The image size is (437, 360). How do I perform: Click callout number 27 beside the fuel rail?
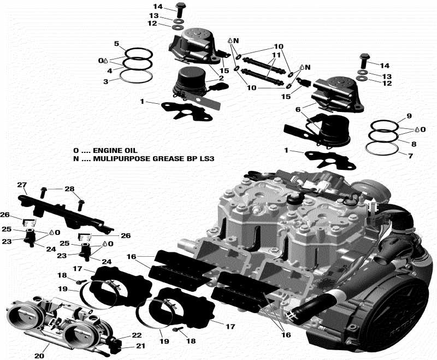coord(22,184)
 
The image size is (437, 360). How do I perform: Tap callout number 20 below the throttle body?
coord(39,356)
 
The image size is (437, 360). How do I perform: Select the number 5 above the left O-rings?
coord(116,43)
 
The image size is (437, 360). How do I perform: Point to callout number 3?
coord(107,81)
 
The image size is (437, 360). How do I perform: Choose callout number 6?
coord(298,109)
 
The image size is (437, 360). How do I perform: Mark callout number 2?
coord(221,79)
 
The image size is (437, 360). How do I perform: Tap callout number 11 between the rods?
coord(277,56)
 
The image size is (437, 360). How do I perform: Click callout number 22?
coord(137,335)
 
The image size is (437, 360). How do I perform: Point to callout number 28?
coord(69,189)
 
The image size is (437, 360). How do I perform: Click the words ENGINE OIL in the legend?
coord(115,150)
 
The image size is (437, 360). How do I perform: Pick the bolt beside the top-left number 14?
coord(180,8)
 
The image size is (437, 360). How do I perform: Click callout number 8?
coord(414,144)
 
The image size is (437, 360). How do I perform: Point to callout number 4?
coord(110,71)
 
